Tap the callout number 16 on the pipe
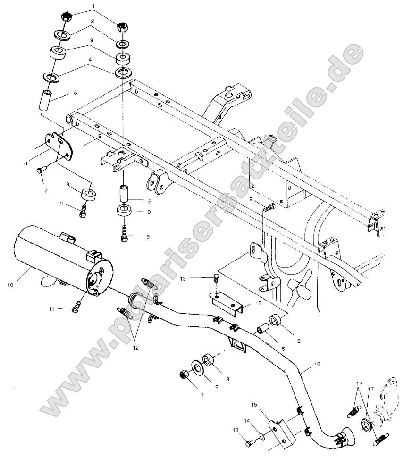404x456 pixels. pos(317,364)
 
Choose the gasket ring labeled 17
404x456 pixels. pos(365,423)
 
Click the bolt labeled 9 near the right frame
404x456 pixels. pos(269,207)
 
